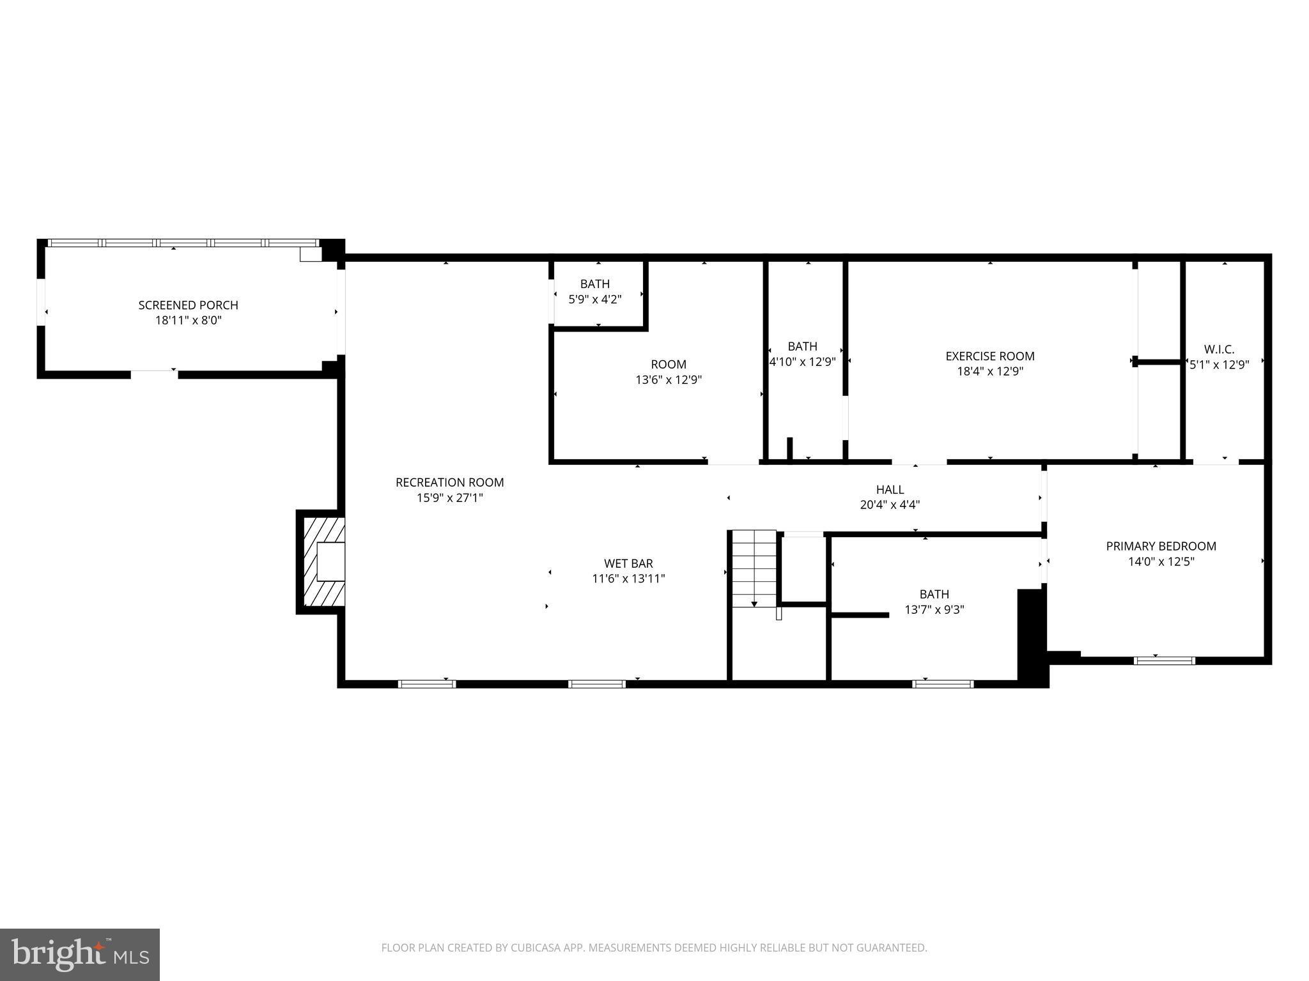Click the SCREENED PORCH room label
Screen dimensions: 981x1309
tap(188, 305)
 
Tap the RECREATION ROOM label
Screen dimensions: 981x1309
tap(449, 482)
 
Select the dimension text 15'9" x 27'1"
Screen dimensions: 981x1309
tap(449, 498)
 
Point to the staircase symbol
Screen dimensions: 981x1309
tap(754, 569)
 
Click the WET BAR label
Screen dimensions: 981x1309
tap(628, 563)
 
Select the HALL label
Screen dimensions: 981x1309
tap(890, 489)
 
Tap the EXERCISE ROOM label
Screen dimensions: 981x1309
tap(989, 356)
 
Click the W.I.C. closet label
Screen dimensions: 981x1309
tap(1219, 349)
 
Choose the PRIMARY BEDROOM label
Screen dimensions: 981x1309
tap(1161, 546)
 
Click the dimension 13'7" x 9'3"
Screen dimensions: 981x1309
tap(934, 610)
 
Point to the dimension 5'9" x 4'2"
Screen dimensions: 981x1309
tap(594, 299)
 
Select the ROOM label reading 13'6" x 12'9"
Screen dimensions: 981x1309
tap(669, 365)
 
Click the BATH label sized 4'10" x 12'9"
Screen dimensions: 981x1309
tap(802, 346)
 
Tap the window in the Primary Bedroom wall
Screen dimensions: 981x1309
tap(1164, 660)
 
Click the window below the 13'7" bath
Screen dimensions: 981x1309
tap(943, 683)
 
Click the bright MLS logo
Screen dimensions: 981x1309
tap(80, 954)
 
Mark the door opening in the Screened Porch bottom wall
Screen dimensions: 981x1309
tap(154, 374)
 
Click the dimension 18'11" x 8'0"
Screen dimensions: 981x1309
tap(188, 321)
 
